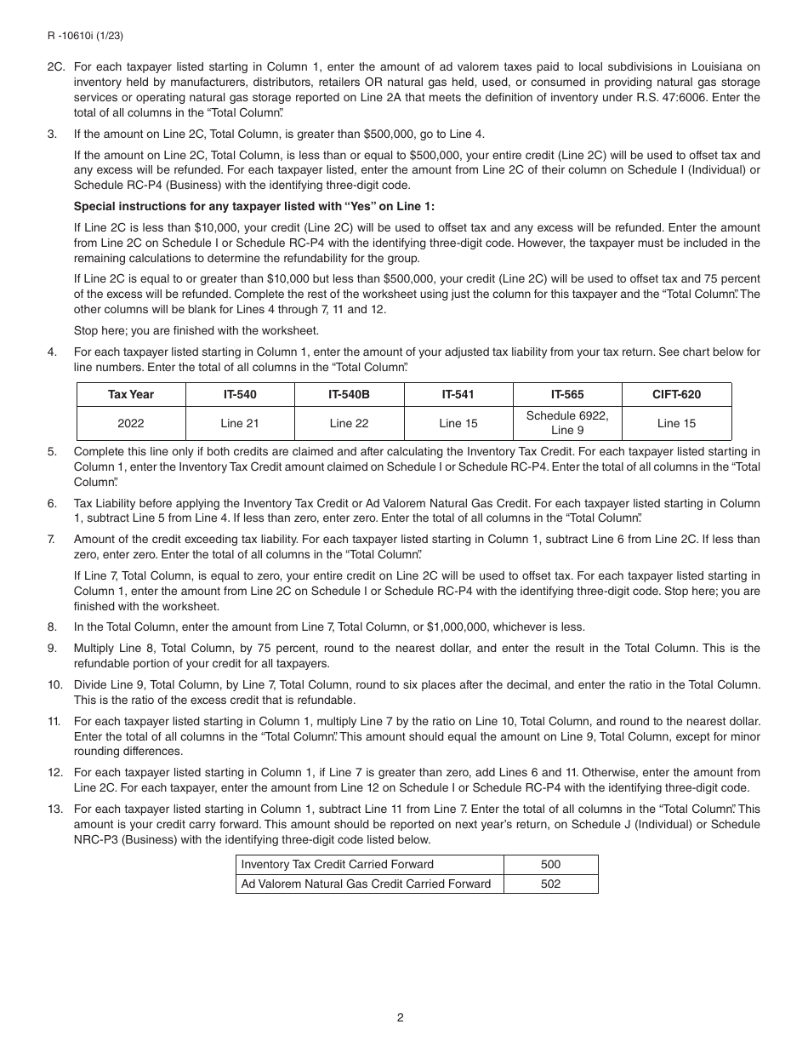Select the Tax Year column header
pos(131,394)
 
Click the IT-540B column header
pos(349,394)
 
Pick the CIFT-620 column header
pos(676,394)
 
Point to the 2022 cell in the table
pos(131,423)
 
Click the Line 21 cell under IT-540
pos(240,423)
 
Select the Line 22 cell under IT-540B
pos(349,423)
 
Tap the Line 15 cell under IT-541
pos(458,423)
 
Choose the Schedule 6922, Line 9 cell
pos(567,423)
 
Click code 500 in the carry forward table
pos(550,864)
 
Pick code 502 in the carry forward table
pos(550,884)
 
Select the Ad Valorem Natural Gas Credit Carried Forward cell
pos(367,884)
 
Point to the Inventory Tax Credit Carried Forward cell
pos(338,864)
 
